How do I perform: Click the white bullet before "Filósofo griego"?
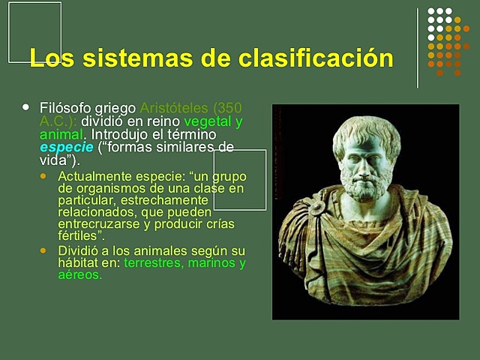tap(28, 106)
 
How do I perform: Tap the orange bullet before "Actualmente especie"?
tap(43, 175)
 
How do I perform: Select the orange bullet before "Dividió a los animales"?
tap(43, 250)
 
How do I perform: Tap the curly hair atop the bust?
tap(366, 127)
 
